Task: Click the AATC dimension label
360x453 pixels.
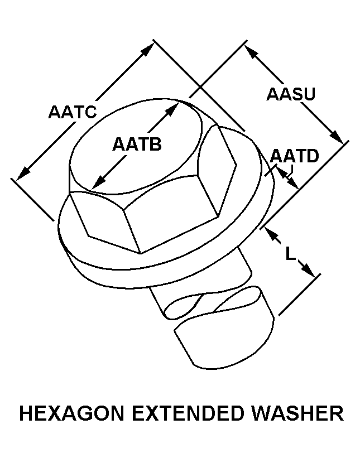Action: [x=73, y=112]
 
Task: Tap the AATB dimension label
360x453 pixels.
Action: [x=137, y=144]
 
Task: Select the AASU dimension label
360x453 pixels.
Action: [x=291, y=94]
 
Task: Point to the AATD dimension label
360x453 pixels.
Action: [x=294, y=156]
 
